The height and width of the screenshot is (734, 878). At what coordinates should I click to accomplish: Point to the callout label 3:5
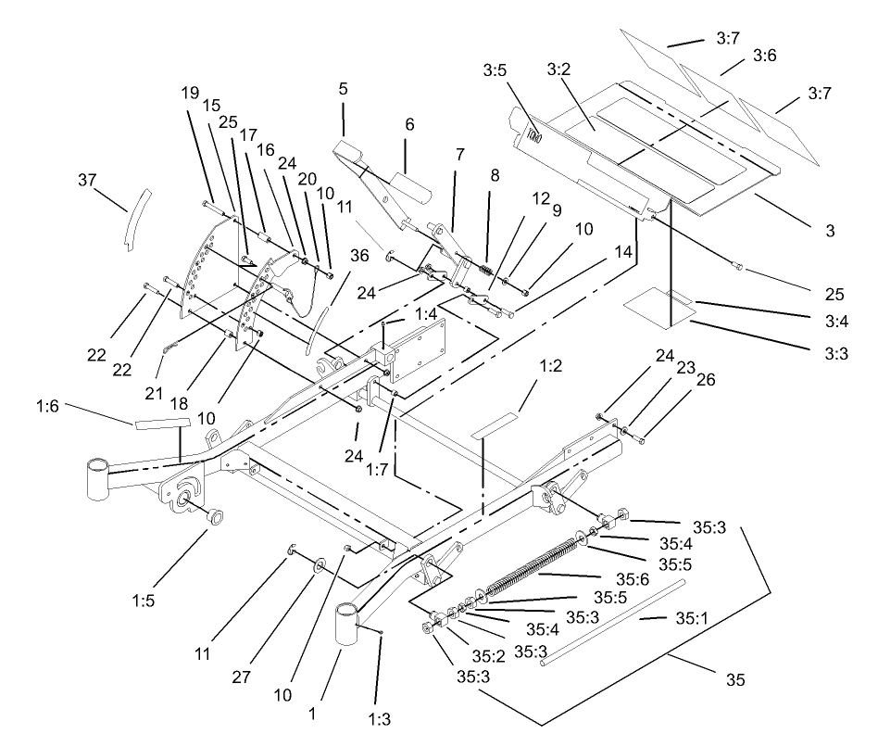497,70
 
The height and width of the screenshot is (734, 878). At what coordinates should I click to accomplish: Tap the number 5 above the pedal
343,91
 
